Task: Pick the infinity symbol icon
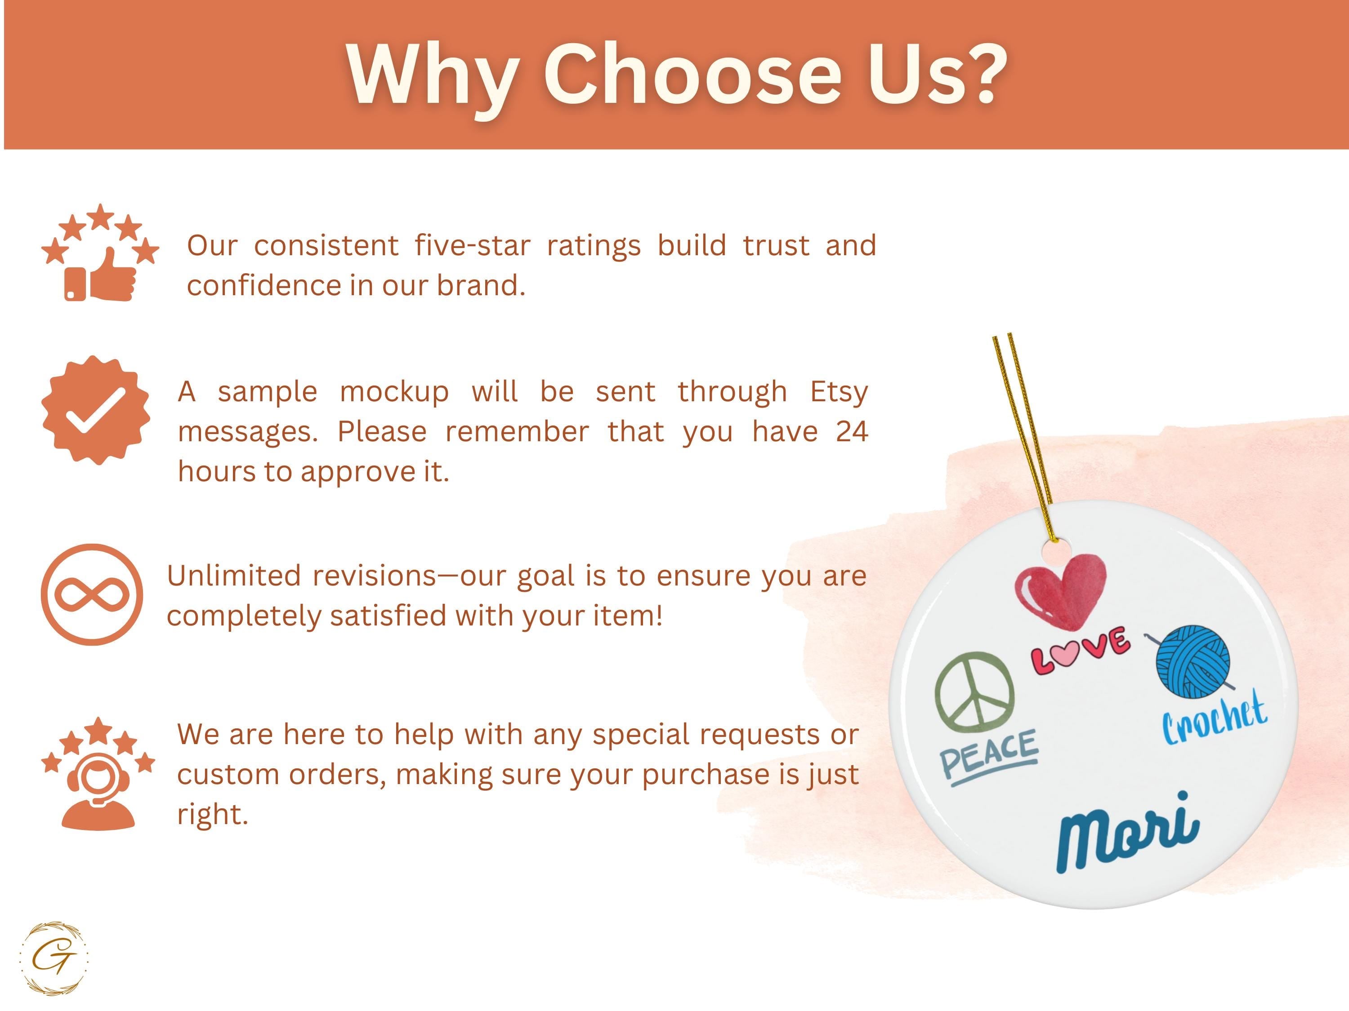(x=92, y=595)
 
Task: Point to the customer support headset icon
(x=98, y=773)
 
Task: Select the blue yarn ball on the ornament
(x=1193, y=661)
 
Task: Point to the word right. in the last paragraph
(x=213, y=815)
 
